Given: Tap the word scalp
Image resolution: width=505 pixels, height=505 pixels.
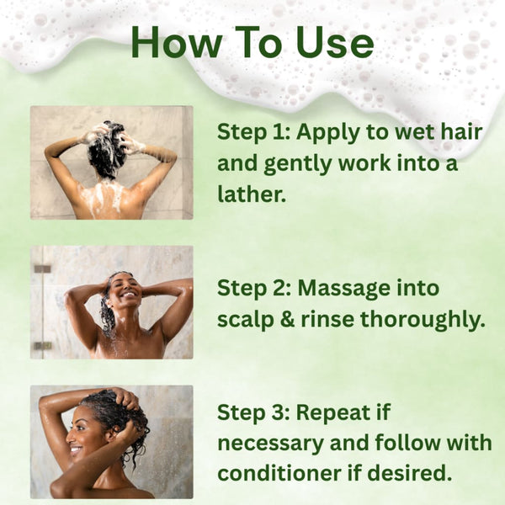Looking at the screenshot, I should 243,319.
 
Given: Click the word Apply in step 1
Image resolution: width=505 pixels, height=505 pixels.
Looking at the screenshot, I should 331,132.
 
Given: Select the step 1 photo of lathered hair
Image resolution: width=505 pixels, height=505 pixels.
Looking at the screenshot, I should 111,162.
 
